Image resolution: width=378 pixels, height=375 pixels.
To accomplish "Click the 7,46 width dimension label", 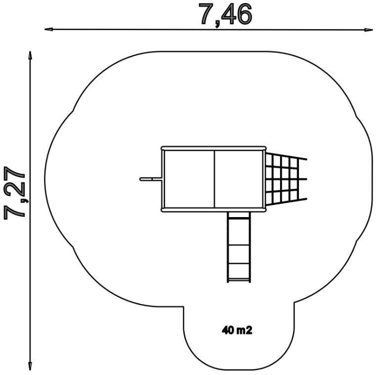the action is (225, 15).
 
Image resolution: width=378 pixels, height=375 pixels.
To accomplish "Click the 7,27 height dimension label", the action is (15, 192).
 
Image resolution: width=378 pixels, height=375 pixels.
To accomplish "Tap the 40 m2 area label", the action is (237, 330).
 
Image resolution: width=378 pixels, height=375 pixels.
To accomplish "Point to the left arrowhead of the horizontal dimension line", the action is (48, 30).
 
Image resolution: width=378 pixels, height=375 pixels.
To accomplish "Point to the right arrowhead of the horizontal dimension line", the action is (368, 30).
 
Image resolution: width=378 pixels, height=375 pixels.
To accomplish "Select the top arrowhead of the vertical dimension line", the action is (30, 55).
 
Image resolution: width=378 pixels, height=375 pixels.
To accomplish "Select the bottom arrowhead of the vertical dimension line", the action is (30, 366).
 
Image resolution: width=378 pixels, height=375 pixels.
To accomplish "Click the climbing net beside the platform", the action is (286, 179).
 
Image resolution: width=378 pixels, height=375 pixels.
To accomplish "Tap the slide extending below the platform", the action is (239, 247).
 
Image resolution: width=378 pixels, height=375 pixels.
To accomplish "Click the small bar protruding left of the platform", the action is (151, 179).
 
